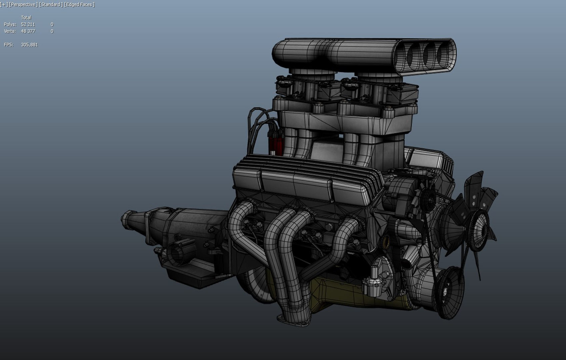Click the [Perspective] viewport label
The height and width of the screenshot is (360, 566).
(23, 4)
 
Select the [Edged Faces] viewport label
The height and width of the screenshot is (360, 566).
(79, 4)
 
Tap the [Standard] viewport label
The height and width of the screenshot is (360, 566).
(51, 4)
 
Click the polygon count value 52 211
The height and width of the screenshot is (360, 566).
(28, 24)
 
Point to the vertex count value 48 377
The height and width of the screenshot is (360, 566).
(28, 31)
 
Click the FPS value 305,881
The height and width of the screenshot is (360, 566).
(29, 45)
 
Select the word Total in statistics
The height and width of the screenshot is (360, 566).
(26, 18)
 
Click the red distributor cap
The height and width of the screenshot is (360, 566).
(275, 142)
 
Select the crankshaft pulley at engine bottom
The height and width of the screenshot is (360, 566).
(447, 292)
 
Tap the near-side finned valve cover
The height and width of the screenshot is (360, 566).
(300, 183)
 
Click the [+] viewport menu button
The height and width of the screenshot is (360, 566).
(4, 4)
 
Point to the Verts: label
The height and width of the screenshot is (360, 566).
(10, 31)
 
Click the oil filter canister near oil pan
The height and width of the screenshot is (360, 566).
(373, 287)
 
